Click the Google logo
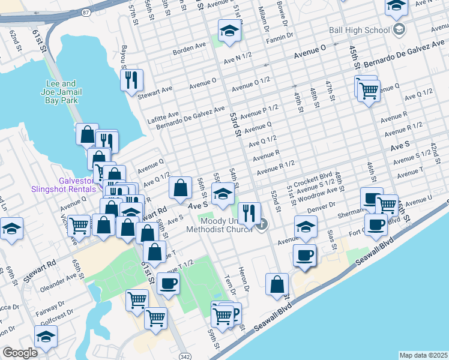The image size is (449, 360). click(20, 353)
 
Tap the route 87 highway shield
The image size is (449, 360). click(86, 12)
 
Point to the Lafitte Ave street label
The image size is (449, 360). click(163, 114)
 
